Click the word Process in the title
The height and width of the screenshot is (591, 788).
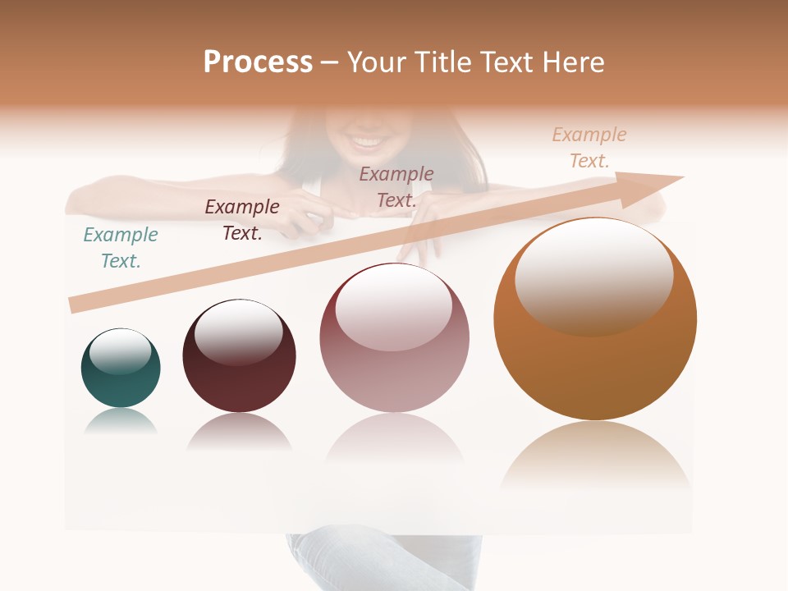[258, 62]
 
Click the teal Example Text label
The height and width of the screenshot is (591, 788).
[121, 248]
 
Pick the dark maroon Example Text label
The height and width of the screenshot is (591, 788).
[242, 220]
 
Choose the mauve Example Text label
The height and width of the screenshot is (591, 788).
[396, 187]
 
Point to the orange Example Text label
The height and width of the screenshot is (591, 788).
[589, 148]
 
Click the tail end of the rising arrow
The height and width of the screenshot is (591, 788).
[72, 305]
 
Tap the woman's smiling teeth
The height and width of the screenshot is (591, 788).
[368, 143]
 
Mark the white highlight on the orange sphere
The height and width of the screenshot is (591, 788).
[593, 275]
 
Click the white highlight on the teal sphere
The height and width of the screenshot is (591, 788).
[120, 350]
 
